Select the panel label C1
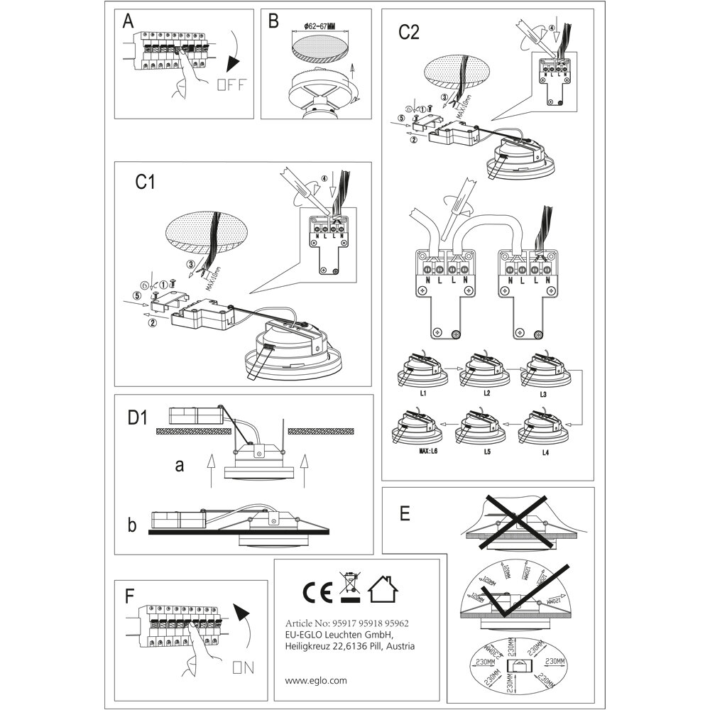tap(145, 182)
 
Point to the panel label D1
tap(137, 418)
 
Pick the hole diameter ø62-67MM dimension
tap(319, 26)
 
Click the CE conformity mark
tap(315, 591)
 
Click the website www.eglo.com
tap(316, 679)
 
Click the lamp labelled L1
tap(423, 368)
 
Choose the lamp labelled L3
tap(543, 368)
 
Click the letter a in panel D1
tap(180, 466)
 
